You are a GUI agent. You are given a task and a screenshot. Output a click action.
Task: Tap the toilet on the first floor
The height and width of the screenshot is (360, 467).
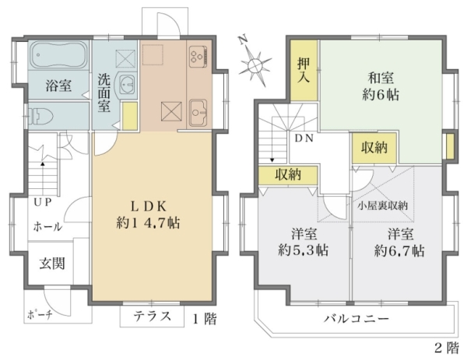40,116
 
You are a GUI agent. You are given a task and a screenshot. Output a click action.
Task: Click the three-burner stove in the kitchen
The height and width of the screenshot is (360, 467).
198,56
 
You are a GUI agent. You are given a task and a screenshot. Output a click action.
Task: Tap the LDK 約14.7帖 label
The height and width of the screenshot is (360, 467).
148,215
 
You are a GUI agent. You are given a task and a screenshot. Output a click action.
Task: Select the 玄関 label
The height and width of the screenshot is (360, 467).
52,264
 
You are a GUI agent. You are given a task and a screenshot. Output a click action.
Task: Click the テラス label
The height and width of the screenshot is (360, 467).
152,316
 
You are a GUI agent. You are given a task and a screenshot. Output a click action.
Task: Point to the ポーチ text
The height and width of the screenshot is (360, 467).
40,314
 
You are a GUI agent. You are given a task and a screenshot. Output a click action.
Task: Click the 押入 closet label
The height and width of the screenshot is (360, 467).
304,71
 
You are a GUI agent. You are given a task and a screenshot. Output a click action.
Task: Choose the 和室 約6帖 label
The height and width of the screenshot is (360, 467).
381,86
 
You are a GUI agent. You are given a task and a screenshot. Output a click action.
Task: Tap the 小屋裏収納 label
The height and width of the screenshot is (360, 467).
382,205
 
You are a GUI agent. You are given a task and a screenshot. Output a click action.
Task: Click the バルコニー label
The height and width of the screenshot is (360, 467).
356,319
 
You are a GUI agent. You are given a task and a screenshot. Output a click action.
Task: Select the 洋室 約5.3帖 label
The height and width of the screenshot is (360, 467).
304,242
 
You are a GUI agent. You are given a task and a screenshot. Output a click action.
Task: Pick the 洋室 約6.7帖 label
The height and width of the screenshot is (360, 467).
400,242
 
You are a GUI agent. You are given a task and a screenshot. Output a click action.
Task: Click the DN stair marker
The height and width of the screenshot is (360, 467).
304,138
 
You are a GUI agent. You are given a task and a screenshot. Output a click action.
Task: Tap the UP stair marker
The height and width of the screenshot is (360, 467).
43,202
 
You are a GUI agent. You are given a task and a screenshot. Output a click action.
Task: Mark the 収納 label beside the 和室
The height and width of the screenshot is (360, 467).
374,147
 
